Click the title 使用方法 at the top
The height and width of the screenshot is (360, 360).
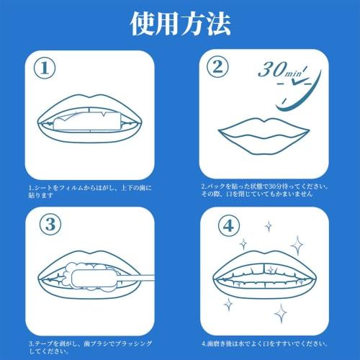[x=180, y=23]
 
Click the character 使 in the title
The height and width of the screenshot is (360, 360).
[x=143, y=23]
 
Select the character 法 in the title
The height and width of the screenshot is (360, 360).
[x=218, y=23]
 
